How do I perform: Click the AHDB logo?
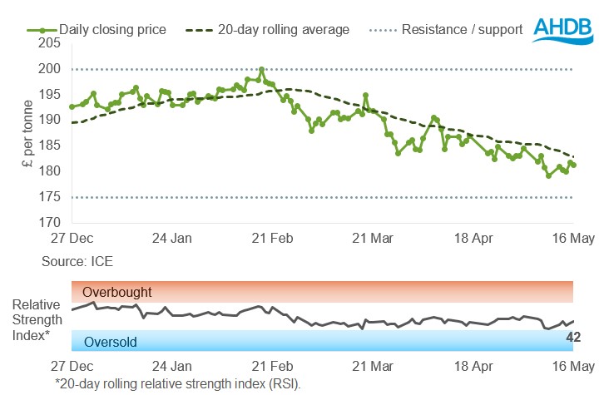click(x=563, y=32)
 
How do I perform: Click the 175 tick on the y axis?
click(x=51, y=197)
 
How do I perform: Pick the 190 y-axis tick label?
click(x=51, y=121)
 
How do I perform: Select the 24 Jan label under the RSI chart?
click(x=172, y=366)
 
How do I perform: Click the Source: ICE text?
click(x=77, y=261)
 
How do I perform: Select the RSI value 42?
click(x=572, y=337)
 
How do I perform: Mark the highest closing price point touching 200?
click(x=261, y=70)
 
